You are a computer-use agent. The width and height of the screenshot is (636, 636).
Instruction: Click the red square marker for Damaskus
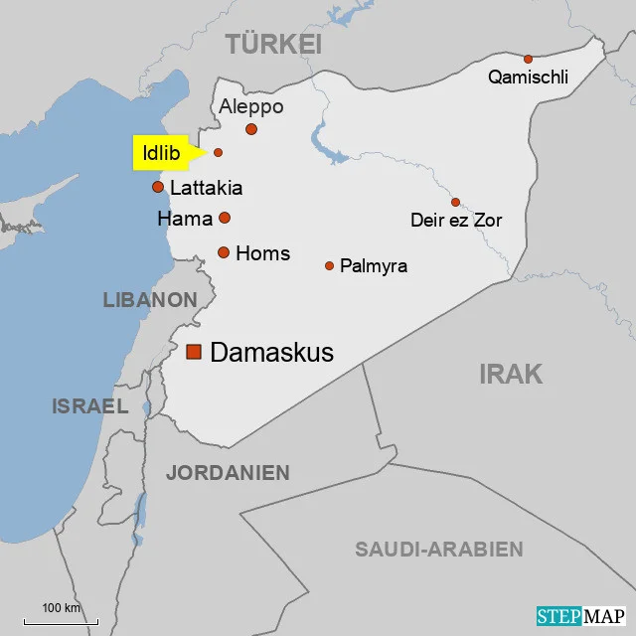click(x=194, y=352)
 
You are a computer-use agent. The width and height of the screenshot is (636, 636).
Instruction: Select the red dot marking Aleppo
click(x=251, y=129)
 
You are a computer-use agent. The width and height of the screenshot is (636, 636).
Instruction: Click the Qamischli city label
click(x=528, y=77)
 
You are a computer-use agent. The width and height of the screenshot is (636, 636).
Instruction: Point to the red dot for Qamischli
click(x=528, y=59)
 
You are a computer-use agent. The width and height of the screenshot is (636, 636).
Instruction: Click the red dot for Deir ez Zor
click(x=455, y=202)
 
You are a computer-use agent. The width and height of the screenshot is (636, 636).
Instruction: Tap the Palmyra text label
click(x=374, y=266)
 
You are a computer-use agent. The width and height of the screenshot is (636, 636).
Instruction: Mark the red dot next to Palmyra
click(x=329, y=265)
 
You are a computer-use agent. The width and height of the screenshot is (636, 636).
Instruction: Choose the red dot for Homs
click(x=224, y=252)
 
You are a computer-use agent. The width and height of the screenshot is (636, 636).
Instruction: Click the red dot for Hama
click(x=225, y=218)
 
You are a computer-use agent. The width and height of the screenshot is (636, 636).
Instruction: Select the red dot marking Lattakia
click(x=157, y=187)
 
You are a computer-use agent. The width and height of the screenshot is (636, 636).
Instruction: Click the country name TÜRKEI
click(x=273, y=44)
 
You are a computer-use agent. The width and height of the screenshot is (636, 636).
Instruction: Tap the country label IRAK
click(x=511, y=374)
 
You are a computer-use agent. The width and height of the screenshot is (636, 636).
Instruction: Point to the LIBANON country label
click(x=150, y=299)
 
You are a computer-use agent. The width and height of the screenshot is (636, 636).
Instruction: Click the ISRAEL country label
click(x=89, y=405)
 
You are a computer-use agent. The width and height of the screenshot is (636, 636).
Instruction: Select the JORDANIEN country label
click(x=228, y=473)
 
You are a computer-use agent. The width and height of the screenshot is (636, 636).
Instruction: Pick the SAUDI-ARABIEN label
click(x=438, y=550)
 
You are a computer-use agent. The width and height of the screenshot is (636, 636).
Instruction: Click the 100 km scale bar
click(x=61, y=619)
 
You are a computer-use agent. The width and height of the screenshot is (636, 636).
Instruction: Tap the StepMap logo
click(x=582, y=616)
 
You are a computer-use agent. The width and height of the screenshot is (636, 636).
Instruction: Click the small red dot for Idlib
click(x=219, y=152)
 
